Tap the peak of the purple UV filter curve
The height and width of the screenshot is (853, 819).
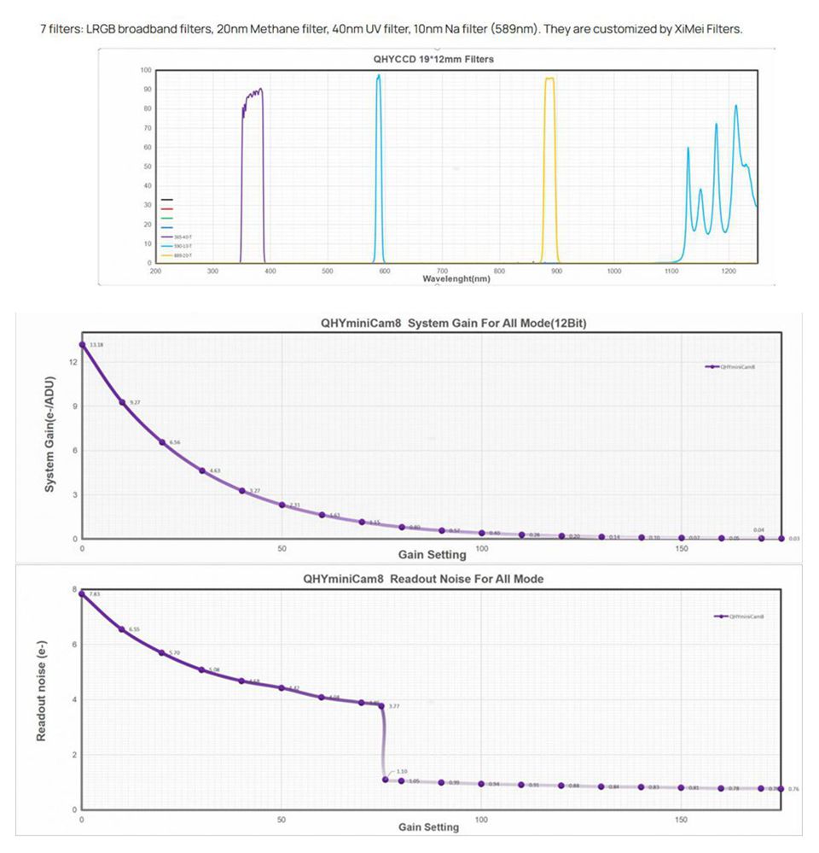[259, 89]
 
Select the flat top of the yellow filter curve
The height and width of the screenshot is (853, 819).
[549, 79]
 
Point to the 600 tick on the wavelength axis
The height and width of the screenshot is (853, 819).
[385, 272]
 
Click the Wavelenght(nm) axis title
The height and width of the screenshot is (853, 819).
[456, 279]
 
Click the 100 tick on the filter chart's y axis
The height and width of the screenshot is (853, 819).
[146, 70]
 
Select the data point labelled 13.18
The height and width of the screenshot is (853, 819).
[82, 344]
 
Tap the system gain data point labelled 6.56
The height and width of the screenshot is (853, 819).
[162, 442]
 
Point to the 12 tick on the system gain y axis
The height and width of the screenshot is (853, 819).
[73, 361]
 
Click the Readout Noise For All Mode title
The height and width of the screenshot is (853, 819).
[423, 579]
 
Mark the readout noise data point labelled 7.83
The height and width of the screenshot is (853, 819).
[82, 593]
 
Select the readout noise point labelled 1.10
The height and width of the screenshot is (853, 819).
[386, 779]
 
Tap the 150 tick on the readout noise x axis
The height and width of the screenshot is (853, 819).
[682, 819]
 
